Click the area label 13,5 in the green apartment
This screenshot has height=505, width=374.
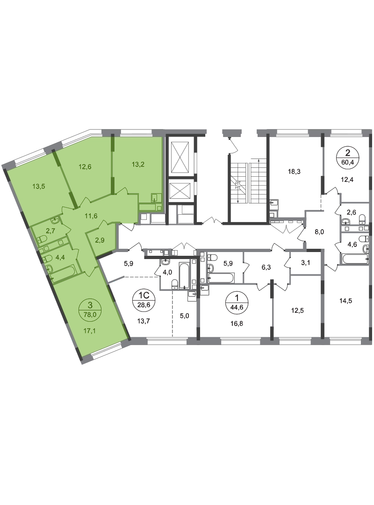(39, 186)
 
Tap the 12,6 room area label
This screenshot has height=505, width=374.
(85, 166)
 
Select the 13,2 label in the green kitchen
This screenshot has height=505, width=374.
(138, 164)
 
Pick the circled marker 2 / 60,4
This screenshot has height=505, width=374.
(347, 157)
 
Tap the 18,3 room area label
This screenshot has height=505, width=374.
(294, 172)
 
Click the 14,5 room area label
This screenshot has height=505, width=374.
(345, 301)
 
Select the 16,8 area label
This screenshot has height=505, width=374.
(237, 324)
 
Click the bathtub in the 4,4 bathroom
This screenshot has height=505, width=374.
(63, 274)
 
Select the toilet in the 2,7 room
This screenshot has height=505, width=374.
(42, 239)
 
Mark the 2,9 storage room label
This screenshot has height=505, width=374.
(100, 240)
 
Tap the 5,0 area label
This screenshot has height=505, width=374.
(184, 316)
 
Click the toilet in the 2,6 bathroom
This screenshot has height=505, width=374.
(362, 219)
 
